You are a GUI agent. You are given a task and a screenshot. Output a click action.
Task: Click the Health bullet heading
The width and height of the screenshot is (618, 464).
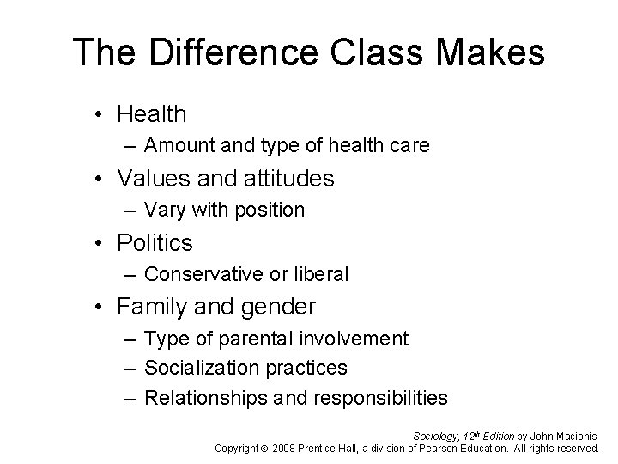(x=151, y=113)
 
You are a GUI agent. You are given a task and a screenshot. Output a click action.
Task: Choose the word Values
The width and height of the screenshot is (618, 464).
(x=154, y=179)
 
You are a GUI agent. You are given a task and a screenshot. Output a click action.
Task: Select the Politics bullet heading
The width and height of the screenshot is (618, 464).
(x=154, y=243)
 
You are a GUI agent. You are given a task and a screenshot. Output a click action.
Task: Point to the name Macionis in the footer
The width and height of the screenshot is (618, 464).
(x=575, y=436)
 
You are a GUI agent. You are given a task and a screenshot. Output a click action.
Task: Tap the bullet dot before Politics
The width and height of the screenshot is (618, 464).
(x=101, y=244)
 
